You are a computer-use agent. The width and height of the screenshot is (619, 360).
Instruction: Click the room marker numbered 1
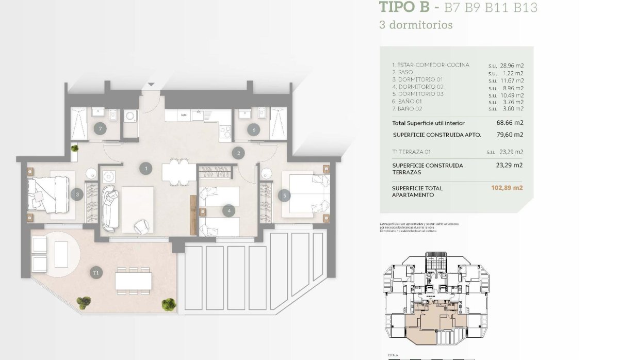pos(147,168)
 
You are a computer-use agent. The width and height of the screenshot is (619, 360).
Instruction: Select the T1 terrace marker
pos(95,272)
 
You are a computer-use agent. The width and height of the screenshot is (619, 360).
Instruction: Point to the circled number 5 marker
pos(283,195)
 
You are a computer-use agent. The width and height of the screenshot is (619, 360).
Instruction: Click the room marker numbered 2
pos(238,153)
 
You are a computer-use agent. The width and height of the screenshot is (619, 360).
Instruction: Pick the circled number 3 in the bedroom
pos(77,194)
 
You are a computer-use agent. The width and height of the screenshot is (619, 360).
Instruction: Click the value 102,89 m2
pos(507,188)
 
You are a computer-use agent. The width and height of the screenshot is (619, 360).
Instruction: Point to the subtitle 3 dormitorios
pos(416,25)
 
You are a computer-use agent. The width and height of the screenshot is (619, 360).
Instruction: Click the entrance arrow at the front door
pos(151,84)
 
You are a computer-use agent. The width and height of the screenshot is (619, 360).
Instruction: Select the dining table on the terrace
pos(133,281)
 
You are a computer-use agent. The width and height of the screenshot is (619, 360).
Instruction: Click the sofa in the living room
pos(110,208)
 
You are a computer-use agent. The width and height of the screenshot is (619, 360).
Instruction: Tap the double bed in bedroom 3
pos(48,194)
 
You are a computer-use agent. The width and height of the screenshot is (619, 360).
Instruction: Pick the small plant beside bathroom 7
pos(75,149)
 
